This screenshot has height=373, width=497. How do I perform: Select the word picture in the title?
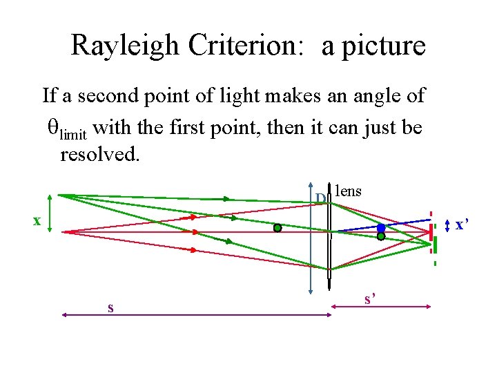[x=384, y=46]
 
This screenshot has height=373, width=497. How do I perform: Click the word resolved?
[x=99, y=153]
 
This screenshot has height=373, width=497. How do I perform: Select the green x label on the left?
[x=37, y=221]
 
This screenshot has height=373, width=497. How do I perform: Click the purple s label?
[x=110, y=307]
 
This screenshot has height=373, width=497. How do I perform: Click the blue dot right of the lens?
[x=381, y=227]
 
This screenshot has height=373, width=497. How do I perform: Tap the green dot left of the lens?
[x=277, y=227]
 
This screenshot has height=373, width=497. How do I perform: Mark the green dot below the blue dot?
[x=381, y=236]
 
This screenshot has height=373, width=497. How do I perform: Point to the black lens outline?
[x=330, y=235]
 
